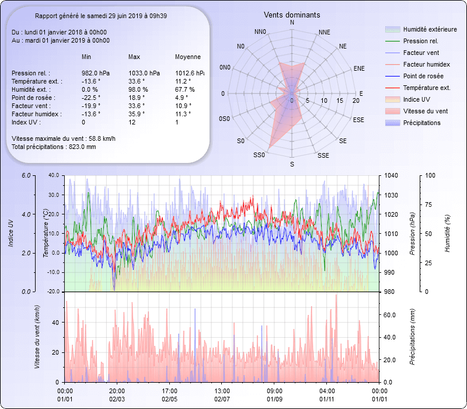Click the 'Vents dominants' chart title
click(x=292, y=15)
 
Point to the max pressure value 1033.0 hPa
click(x=144, y=73)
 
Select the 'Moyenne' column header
click(x=188, y=57)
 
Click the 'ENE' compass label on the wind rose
click(x=359, y=68)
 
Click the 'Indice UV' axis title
click(x=11, y=233)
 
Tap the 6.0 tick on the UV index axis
click(x=26, y=175)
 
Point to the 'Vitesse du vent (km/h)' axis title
click(x=37, y=337)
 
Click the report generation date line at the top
click(x=100, y=16)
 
